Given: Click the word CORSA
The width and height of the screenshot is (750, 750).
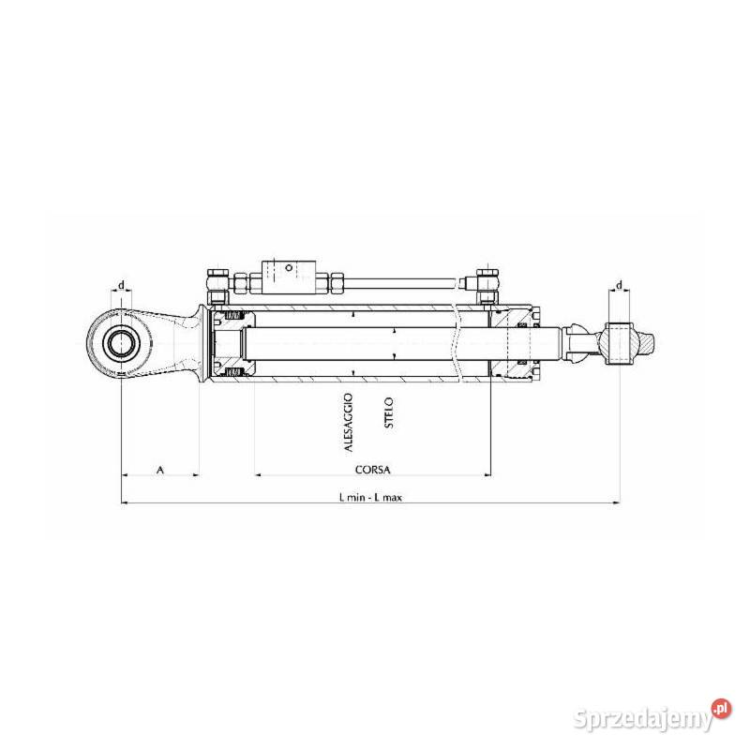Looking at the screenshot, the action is click(x=372, y=470).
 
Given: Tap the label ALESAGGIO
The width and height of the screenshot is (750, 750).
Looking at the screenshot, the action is click(x=348, y=423).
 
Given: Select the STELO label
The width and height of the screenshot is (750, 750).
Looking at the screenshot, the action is click(x=389, y=412).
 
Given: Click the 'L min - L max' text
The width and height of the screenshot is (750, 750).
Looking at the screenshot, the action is click(x=370, y=498).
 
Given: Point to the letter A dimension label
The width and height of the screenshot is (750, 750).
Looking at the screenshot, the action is click(x=160, y=470).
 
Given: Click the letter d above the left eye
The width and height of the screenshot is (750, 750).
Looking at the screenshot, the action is click(x=122, y=285).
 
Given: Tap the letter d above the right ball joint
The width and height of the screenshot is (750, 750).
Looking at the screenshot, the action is click(x=620, y=286).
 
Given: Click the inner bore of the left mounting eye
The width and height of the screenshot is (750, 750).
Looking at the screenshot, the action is click(x=121, y=343).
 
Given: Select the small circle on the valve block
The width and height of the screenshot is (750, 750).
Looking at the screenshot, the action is click(x=289, y=268).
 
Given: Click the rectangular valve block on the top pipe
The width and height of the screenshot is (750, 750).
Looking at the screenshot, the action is click(x=289, y=277).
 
